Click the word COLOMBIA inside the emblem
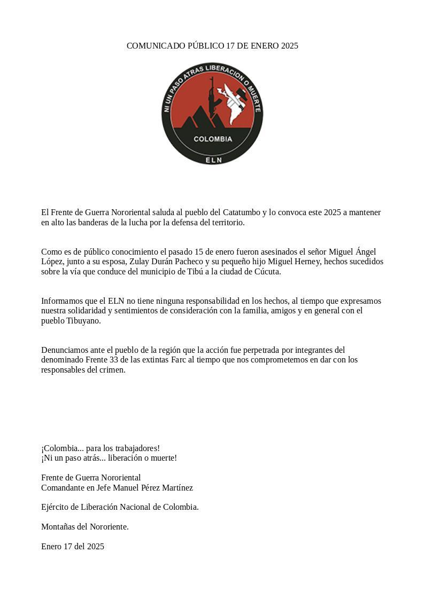[x=213, y=139]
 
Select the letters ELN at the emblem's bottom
[x=213, y=159]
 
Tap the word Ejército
[x=55, y=507]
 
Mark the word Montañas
[x=58, y=527]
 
